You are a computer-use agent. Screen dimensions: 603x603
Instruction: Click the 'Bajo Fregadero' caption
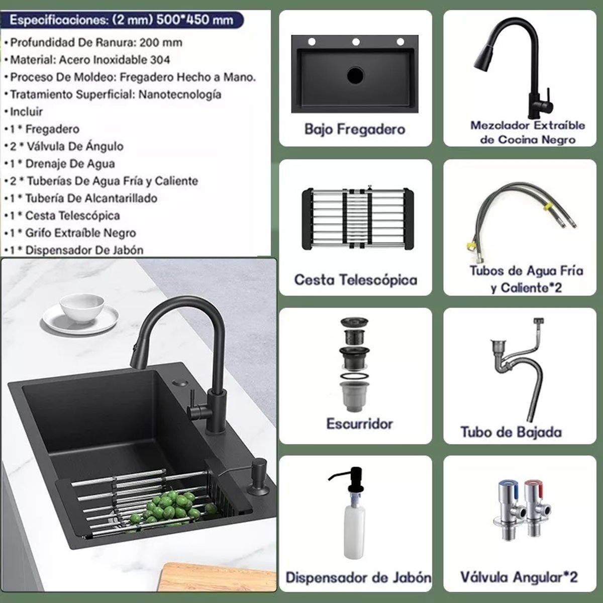coord(355,130)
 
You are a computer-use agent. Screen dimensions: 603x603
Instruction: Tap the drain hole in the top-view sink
coord(355,75)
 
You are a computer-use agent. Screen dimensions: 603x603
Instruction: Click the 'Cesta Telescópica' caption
coord(355,280)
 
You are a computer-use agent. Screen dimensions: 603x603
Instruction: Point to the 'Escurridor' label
coord(359,424)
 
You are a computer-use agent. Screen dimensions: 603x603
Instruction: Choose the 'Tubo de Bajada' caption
coord(511,432)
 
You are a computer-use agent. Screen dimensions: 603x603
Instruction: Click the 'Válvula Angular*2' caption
coord(519,576)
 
